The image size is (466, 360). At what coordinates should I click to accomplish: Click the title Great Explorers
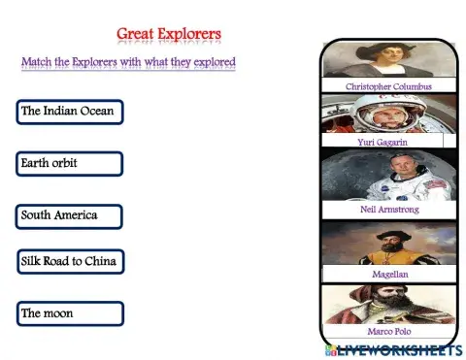(169, 35)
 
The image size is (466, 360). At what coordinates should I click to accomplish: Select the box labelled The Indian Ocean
(70, 112)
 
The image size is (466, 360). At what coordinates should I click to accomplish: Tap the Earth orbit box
(70, 163)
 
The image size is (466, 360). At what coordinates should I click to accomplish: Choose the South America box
(70, 214)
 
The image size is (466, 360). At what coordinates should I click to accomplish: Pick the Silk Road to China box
(70, 262)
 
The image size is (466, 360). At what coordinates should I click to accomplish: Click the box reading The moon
(70, 313)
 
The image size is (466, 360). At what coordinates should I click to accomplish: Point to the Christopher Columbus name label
(388, 86)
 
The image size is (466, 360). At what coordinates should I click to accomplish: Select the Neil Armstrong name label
(388, 209)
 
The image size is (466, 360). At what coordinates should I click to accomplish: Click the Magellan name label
(388, 275)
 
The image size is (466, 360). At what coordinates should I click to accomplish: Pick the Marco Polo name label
(388, 331)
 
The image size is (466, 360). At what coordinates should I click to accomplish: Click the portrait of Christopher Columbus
(388, 59)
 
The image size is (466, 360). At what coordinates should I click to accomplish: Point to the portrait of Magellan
(388, 245)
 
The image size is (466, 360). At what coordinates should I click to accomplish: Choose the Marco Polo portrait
(388, 304)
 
